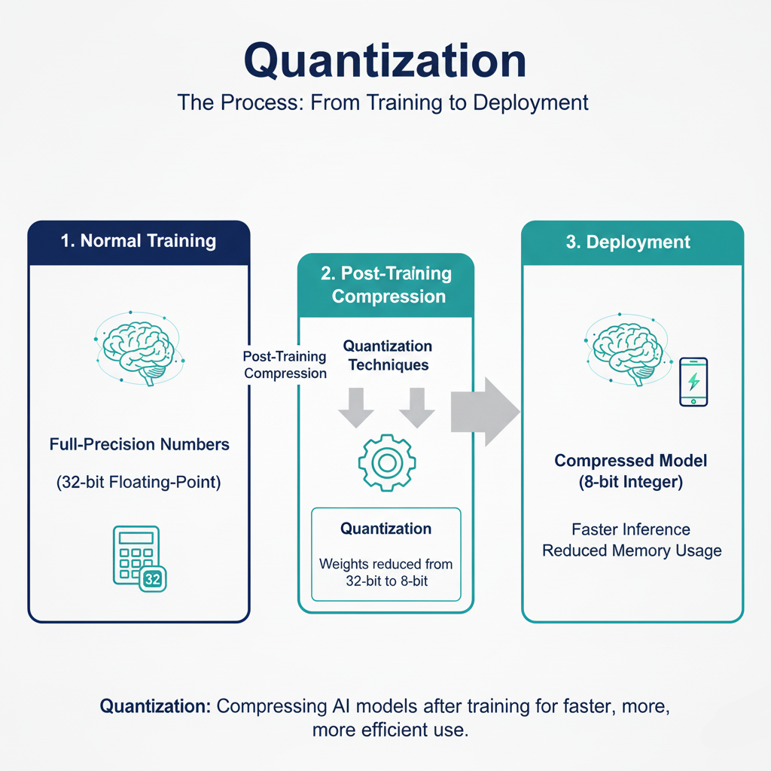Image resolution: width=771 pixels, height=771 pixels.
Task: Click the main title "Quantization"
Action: pyautogui.click(x=385, y=60)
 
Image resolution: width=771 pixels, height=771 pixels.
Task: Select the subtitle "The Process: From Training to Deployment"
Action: pyautogui.click(x=383, y=102)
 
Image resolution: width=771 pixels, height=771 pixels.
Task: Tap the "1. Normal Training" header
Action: pyautogui.click(x=139, y=242)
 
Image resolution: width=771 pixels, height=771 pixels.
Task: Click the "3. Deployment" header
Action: pyautogui.click(x=632, y=242)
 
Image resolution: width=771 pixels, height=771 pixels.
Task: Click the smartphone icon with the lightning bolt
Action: pyautogui.click(x=693, y=382)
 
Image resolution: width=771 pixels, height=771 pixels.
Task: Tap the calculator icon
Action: pyautogui.click(x=136, y=556)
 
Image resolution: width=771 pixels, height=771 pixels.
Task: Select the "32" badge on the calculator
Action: pyautogui.click(x=152, y=579)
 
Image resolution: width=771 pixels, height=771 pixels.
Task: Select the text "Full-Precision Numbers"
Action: pyautogui.click(x=139, y=445)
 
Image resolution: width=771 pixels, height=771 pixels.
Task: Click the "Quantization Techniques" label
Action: pyautogui.click(x=387, y=355)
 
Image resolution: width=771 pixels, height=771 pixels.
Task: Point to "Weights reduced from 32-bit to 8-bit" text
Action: pyautogui.click(x=385, y=571)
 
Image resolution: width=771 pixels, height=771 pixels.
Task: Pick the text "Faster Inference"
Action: pyautogui.click(x=631, y=529)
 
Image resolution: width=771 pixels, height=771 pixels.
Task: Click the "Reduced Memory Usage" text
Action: pyautogui.click(x=632, y=550)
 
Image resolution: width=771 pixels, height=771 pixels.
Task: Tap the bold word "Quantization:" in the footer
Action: pyautogui.click(x=156, y=707)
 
